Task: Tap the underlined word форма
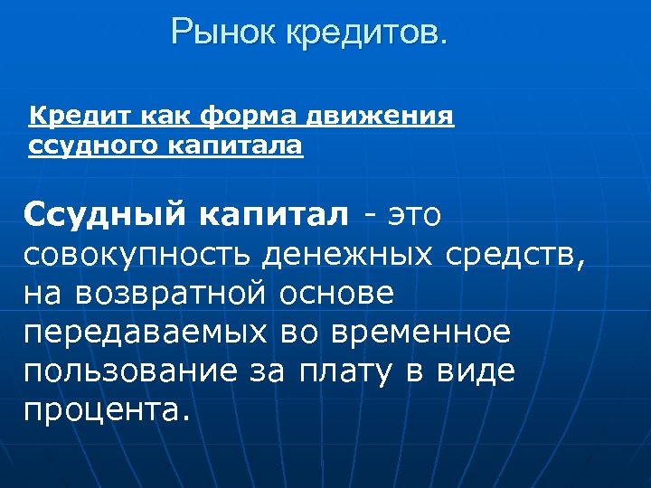[247, 117]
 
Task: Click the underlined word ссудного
[80, 145]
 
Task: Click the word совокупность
[139, 256]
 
